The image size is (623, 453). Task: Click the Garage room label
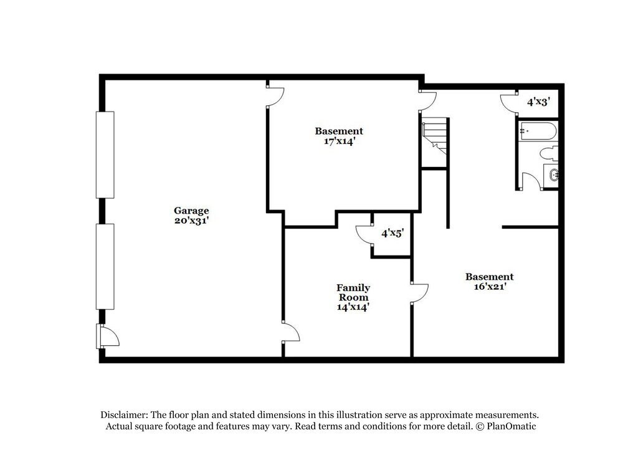191,211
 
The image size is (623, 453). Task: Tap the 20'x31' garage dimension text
191,221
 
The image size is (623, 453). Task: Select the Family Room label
353,292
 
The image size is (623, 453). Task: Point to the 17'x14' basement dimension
338,141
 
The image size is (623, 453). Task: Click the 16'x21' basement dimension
490,287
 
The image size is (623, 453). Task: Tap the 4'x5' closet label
392,233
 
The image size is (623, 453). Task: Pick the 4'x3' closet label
538,101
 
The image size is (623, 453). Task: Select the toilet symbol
549,153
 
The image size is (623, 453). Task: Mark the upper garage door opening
105,155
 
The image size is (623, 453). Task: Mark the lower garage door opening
105,267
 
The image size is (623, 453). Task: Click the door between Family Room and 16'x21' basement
419,293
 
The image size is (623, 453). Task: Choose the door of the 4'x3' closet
509,102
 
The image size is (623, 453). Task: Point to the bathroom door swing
530,181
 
